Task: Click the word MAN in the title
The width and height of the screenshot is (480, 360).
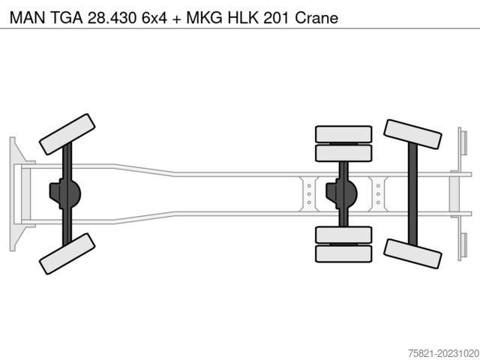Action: [28, 18]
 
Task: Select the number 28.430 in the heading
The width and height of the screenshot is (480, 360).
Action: [112, 18]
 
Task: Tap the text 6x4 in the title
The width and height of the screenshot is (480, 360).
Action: [154, 18]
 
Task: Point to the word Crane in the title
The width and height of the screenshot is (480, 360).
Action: [316, 18]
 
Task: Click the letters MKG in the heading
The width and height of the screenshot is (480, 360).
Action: [205, 18]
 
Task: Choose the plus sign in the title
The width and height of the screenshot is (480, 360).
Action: [177, 19]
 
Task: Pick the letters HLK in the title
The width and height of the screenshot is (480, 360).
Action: [243, 18]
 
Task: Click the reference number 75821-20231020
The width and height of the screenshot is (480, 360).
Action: [443, 353]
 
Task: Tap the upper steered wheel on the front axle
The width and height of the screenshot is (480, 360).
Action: [67, 134]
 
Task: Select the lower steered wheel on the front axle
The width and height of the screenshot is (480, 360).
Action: [67, 253]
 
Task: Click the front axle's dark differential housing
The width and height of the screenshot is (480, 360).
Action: [65, 193]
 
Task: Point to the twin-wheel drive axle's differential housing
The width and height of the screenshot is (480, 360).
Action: [341, 193]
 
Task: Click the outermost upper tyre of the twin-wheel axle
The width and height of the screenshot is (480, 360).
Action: [343, 134]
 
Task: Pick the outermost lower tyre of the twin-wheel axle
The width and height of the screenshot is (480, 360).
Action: [343, 253]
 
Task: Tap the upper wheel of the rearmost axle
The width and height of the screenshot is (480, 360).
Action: [412, 134]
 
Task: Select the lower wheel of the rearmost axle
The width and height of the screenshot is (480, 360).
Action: [412, 253]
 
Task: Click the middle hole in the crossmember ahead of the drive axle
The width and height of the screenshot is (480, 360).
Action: [309, 194]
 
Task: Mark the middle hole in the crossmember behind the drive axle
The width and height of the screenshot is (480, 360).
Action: [378, 194]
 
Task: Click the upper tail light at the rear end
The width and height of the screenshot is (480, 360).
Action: [463, 142]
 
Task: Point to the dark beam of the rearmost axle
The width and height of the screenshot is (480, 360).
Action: [412, 193]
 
